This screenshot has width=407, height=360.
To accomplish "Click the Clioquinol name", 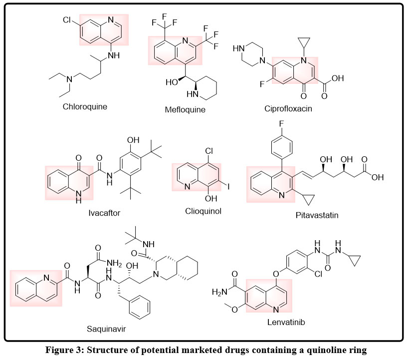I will point(203,211).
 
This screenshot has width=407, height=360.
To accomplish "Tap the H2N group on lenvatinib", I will point(221,291).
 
